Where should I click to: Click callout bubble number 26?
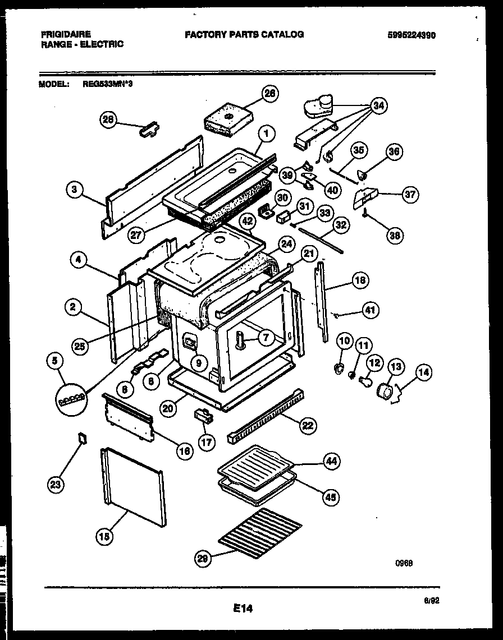(270, 94)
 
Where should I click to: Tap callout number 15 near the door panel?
(104, 537)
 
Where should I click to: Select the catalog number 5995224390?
(411, 35)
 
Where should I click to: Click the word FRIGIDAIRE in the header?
(66, 34)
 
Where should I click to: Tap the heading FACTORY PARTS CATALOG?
(244, 34)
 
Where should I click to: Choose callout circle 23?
(56, 485)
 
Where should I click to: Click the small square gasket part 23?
(82, 438)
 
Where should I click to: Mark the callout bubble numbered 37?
(410, 195)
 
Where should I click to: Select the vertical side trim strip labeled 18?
(322, 303)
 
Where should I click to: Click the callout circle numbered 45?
(331, 496)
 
